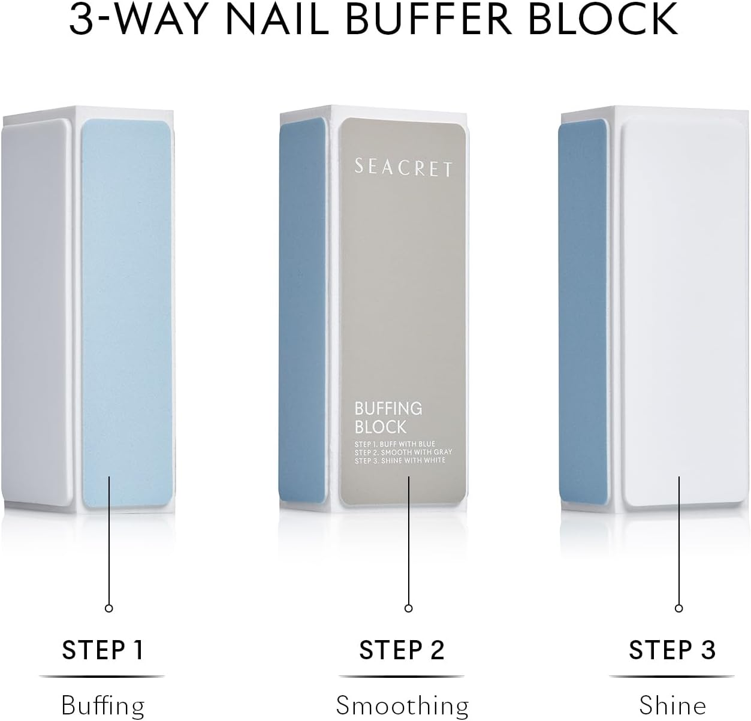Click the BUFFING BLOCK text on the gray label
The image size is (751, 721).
point(388,418)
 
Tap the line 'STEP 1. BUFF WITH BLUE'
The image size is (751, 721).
point(395,444)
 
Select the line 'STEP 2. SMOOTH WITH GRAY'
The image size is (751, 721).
point(403,452)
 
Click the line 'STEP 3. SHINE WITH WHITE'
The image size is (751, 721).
point(400,460)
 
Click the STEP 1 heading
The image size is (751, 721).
point(102,650)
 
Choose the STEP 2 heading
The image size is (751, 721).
point(402,650)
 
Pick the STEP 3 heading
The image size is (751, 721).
point(672,650)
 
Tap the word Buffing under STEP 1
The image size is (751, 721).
point(102,705)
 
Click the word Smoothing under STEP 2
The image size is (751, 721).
point(402,705)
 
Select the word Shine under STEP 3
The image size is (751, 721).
point(672,705)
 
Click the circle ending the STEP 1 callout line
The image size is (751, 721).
point(108,608)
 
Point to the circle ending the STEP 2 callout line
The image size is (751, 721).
point(408,608)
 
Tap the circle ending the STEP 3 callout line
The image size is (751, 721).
point(678,608)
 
